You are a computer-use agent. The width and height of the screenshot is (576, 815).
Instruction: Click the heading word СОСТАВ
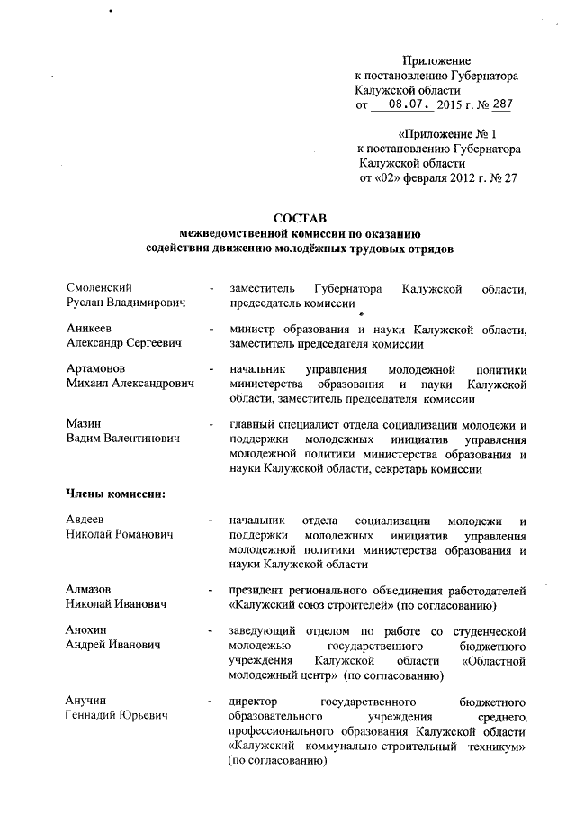299,218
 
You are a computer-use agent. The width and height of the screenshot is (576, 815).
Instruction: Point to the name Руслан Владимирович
127,303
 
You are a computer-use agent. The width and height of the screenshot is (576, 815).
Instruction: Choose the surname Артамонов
96,368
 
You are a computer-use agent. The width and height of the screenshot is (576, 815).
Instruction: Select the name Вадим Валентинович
123,438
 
